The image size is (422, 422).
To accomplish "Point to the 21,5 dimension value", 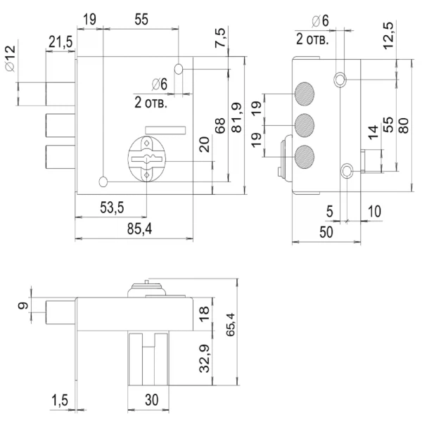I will [x=60, y=43].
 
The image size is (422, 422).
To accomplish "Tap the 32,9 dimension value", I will [x=205, y=360].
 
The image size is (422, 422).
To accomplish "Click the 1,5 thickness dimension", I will [x=60, y=400].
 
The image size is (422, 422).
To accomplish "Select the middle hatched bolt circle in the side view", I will [x=305, y=124].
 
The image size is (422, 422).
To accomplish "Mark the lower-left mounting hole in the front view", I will [x=103, y=182].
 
